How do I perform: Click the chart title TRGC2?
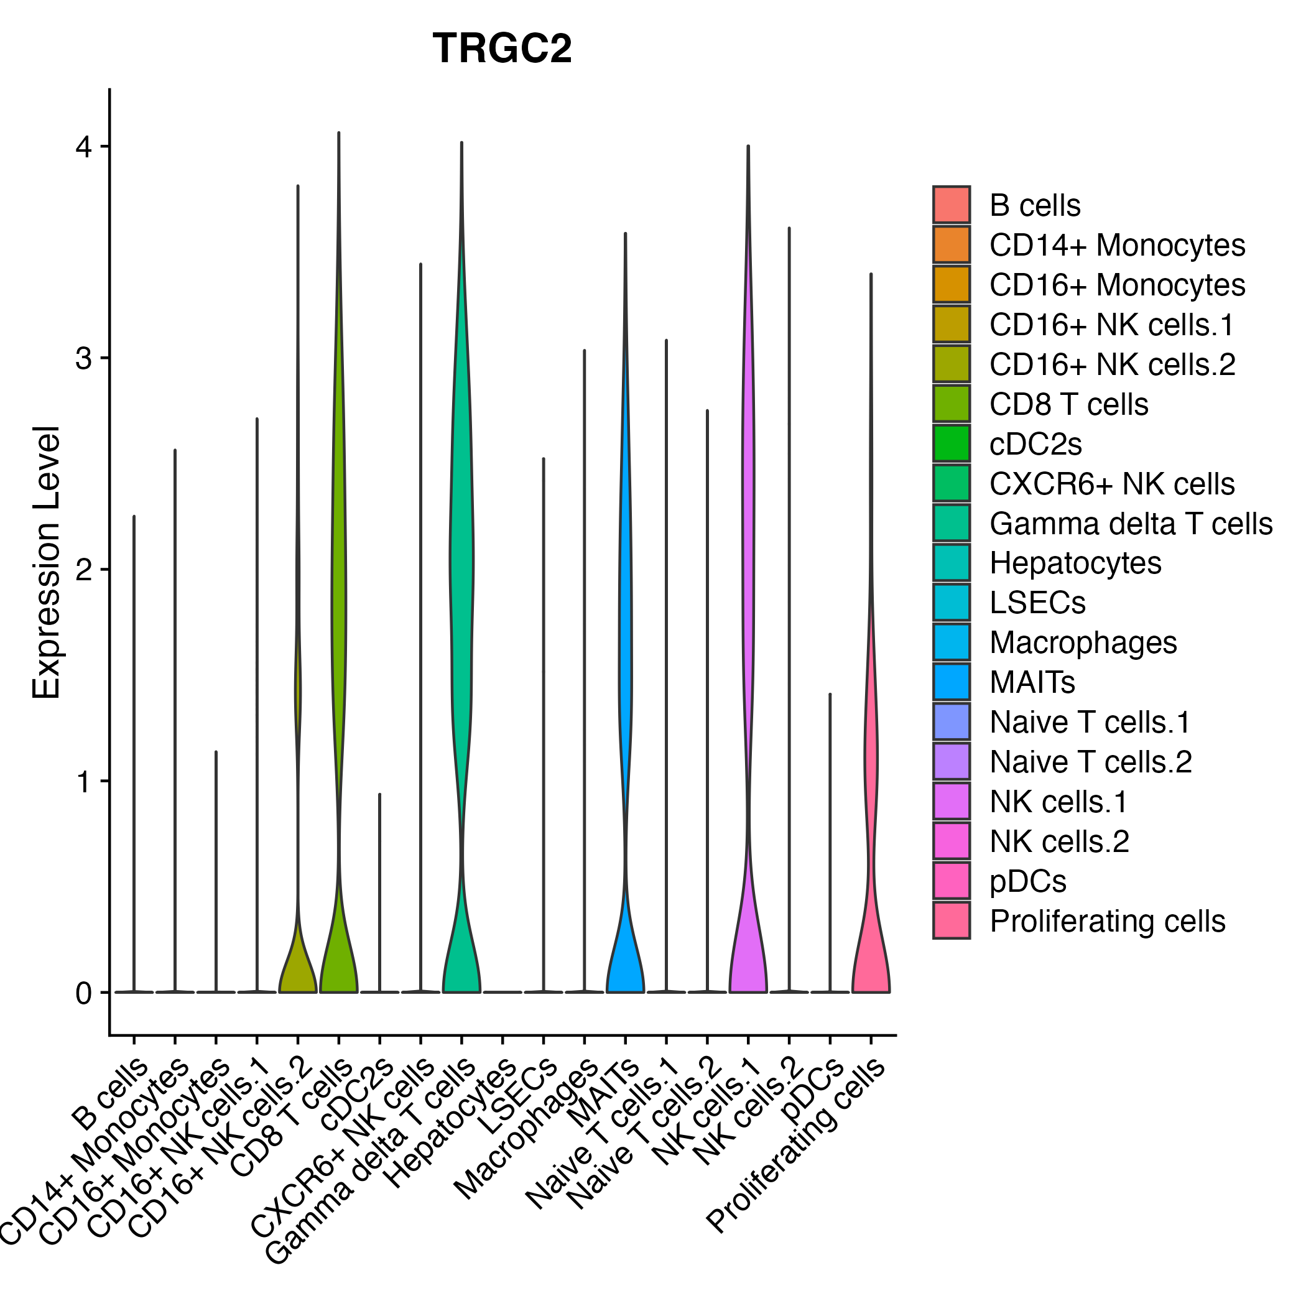tap(502, 49)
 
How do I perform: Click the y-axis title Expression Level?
tap(47, 562)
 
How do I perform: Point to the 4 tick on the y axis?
tap(84, 147)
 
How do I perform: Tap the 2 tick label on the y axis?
tap(84, 570)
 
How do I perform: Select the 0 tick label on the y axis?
tap(84, 993)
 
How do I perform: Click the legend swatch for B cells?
tap(951, 205)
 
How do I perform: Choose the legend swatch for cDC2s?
tap(951, 443)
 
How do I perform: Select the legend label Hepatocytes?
tap(1075, 563)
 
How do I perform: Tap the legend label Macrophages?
tap(1083, 643)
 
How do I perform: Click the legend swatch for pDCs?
tap(951, 881)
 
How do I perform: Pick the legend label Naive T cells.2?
tap(1090, 762)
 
